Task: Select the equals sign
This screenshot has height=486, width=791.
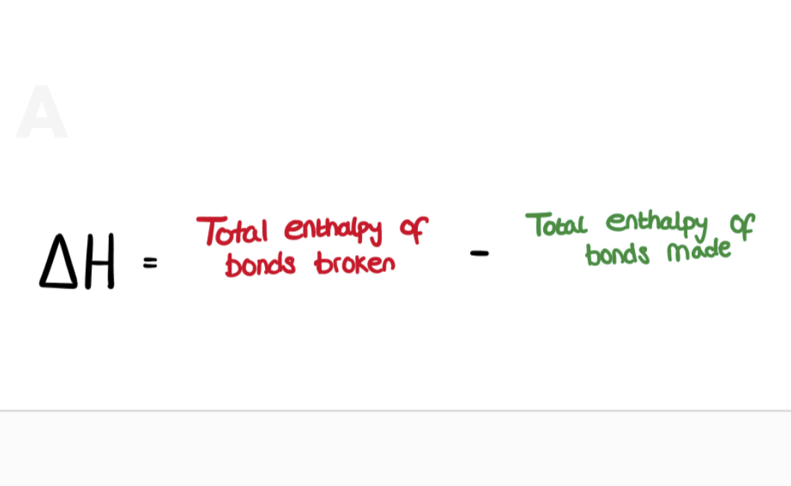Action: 150,262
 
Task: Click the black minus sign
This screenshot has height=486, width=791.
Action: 479,253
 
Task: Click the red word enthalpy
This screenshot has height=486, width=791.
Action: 333,230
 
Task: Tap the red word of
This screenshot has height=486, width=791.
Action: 413,230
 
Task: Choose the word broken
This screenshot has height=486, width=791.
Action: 354,263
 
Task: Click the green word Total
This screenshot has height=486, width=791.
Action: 556,224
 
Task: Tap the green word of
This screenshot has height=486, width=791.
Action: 741,224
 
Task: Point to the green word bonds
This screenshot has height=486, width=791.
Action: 617,254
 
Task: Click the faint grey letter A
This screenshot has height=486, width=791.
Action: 42,113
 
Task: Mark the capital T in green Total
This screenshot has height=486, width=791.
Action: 536,224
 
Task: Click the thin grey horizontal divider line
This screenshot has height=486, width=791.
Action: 395,411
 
